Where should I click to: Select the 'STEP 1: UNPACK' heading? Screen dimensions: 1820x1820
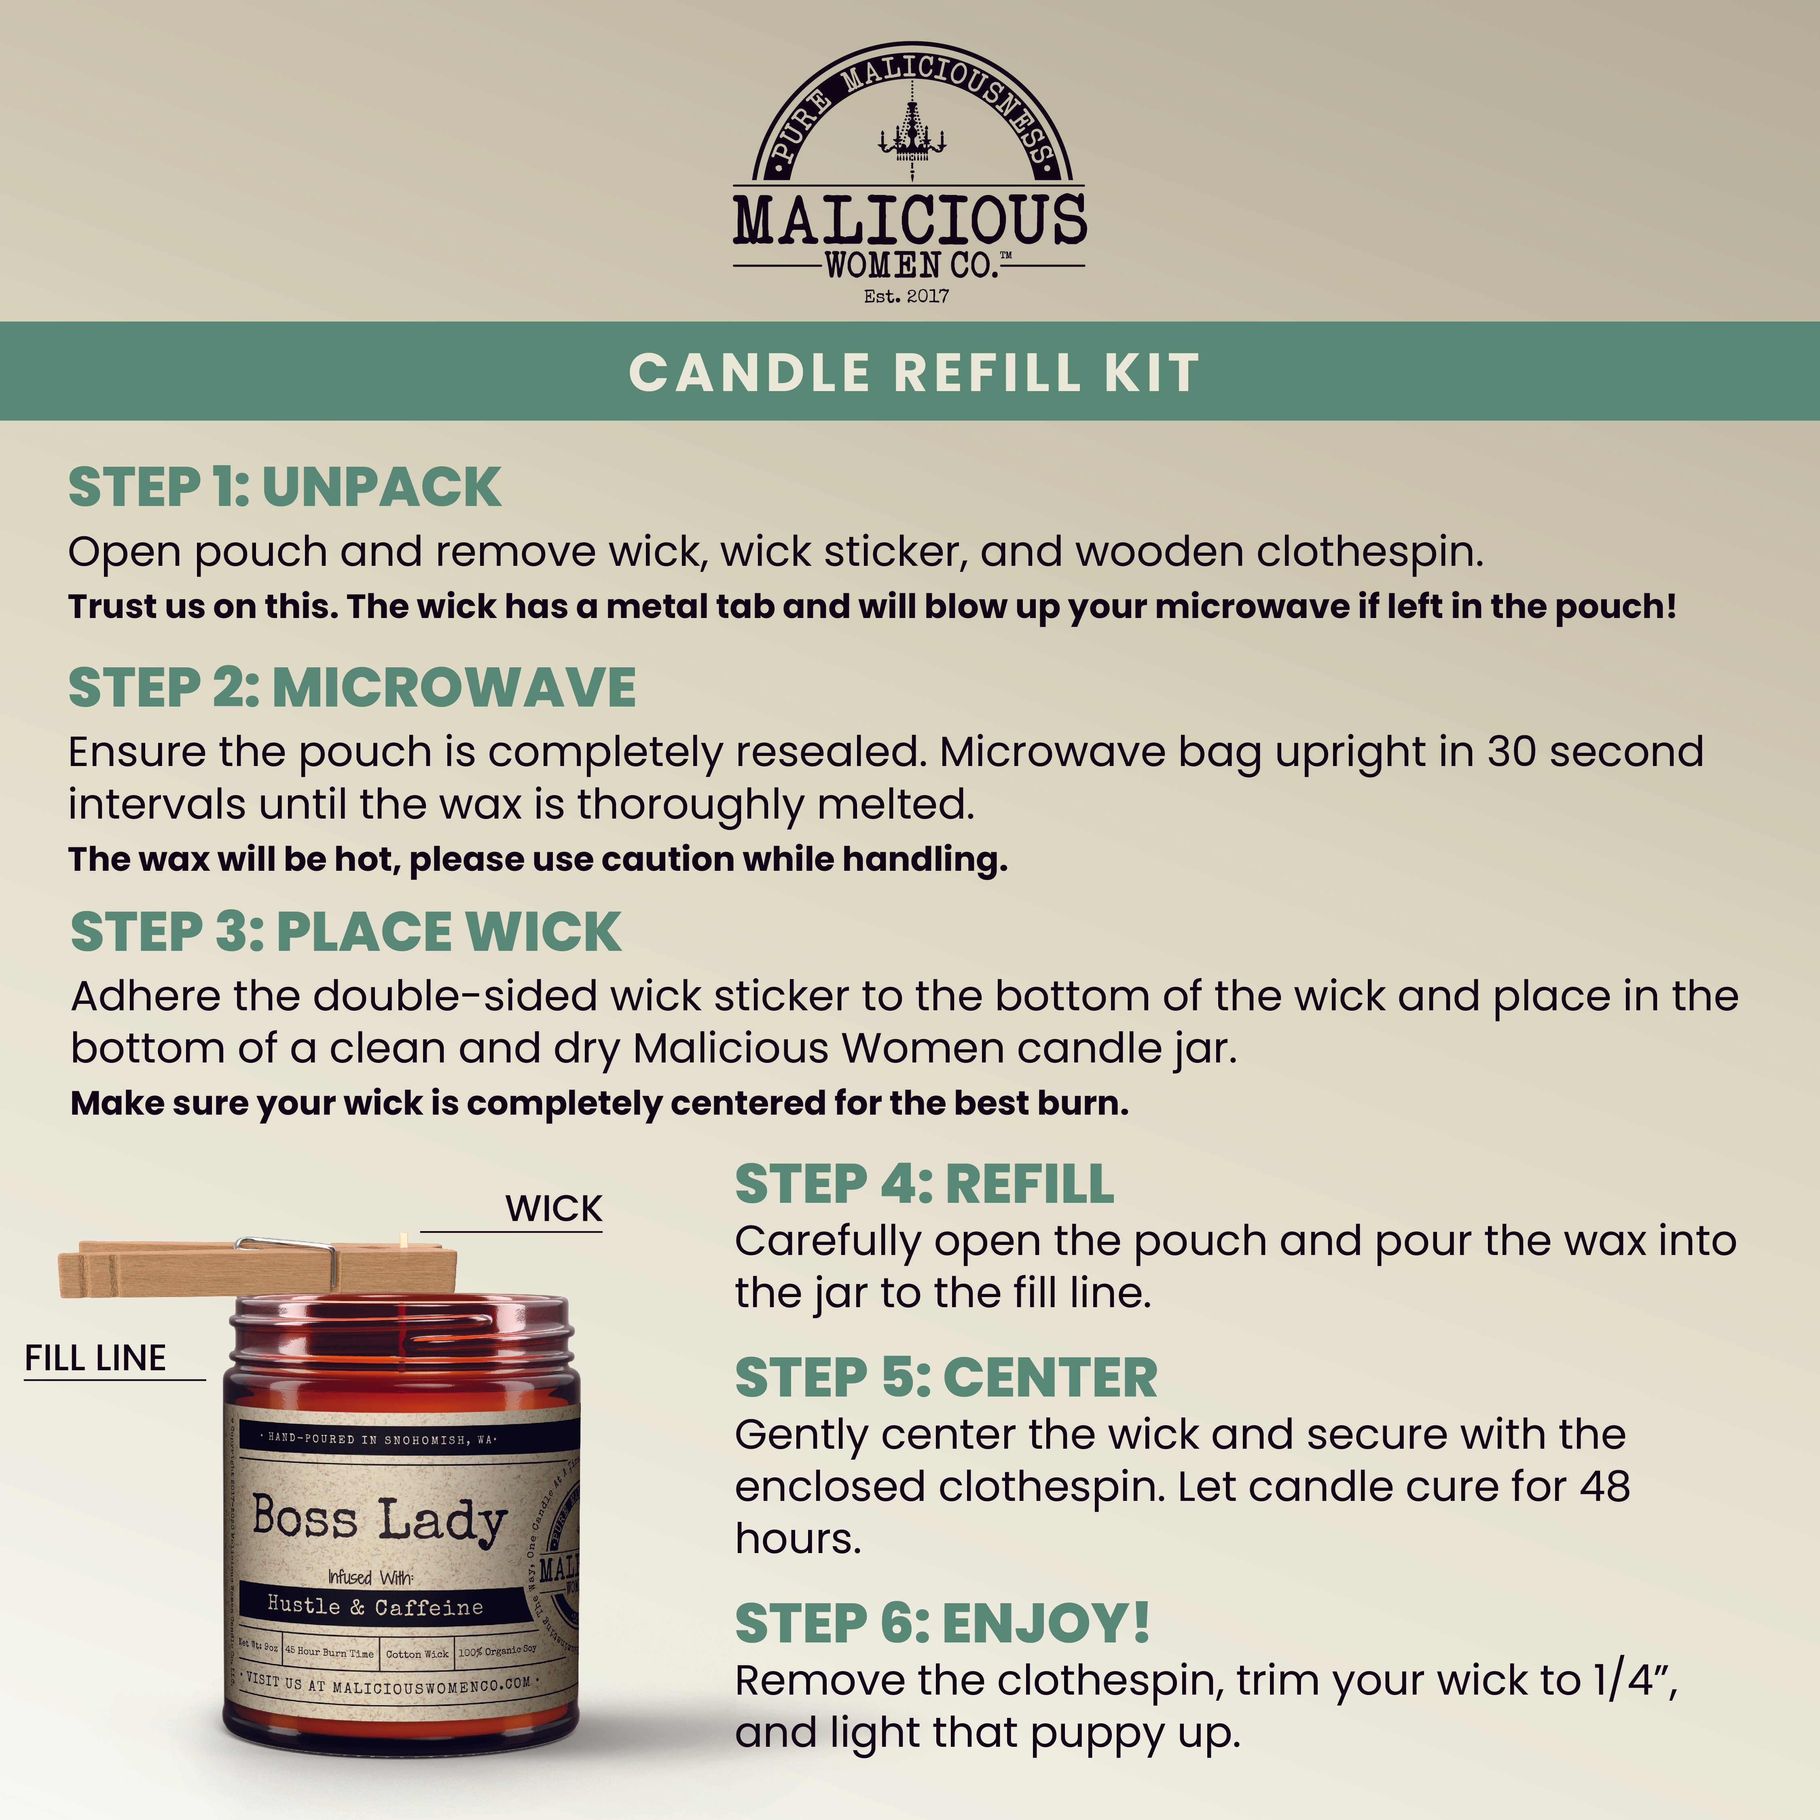(284, 487)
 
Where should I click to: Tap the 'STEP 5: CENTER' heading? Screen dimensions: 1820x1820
(946, 1378)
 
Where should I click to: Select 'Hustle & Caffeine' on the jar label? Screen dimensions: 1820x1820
(375, 1606)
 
